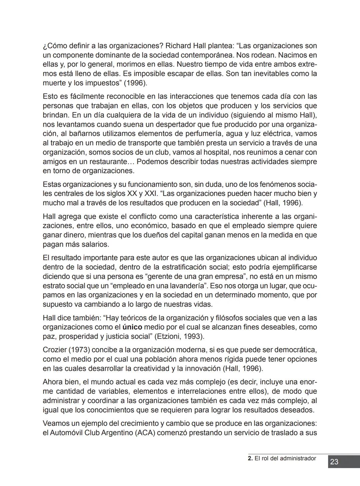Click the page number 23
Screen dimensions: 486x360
coord(334,462)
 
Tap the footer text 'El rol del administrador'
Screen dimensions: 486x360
coord(285,458)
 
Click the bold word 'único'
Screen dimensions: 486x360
coord(132,327)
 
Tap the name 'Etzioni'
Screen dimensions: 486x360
coord(170,336)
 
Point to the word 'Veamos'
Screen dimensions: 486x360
coord(55,423)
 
